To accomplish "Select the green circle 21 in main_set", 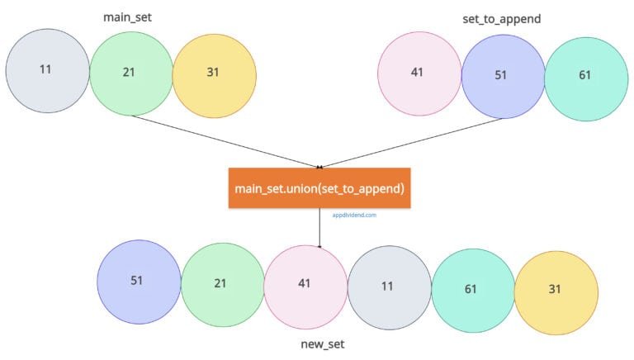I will point(130,73).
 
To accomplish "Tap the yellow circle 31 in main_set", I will point(214,73).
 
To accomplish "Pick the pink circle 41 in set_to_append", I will point(419,73).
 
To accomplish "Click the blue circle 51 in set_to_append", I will point(502,76).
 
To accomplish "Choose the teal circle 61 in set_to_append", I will point(585,76).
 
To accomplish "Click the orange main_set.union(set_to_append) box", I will point(319,188).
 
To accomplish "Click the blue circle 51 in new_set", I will point(138,281).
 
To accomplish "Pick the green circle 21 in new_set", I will point(221,284).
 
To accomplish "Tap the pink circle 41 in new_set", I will point(305,285).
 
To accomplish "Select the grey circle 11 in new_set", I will point(389,286).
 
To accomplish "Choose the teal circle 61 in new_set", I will point(472,290).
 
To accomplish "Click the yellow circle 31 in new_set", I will point(556,290).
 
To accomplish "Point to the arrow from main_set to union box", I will point(223,140).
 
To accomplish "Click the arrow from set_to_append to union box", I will point(413,141).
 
